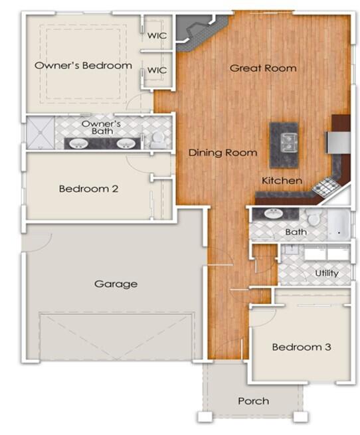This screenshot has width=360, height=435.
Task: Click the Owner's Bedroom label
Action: (x=83, y=66)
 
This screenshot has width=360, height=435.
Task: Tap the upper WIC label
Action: (x=157, y=35)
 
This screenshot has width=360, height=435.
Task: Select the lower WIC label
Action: (x=157, y=70)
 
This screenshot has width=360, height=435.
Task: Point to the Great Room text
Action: (x=263, y=68)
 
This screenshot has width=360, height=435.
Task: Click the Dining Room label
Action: (x=223, y=153)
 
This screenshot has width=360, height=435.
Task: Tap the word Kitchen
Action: (x=282, y=181)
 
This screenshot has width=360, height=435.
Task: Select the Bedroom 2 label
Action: (x=88, y=189)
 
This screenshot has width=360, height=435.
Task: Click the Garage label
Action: (x=116, y=284)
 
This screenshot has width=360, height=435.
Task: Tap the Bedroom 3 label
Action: (x=302, y=347)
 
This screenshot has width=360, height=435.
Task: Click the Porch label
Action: (x=254, y=400)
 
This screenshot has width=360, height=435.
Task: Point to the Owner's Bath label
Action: (x=101, y=128)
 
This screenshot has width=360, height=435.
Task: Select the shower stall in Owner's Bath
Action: (x=40, y=133)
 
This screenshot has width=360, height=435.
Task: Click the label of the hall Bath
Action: (x=296, y=232)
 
